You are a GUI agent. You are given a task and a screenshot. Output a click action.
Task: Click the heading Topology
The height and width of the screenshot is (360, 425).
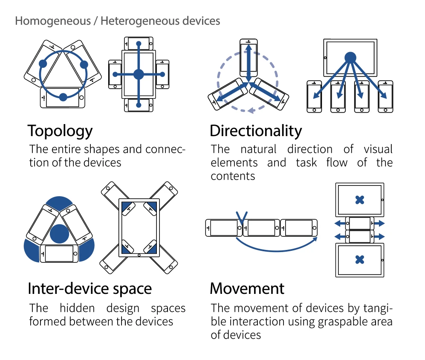tap(60, 131)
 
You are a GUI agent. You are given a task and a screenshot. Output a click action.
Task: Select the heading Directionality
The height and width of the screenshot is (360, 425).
tap(256, 131)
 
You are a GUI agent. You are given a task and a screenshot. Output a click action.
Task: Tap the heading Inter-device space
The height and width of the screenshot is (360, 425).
tap(90, 289)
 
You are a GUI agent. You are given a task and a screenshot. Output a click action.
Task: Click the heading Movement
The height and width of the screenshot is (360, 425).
tap(247, 289)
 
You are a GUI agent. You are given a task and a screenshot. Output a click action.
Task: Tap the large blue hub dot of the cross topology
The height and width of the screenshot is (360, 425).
tap(139, 74)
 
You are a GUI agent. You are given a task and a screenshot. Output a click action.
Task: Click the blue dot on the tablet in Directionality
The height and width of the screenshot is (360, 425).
tap(350, 57)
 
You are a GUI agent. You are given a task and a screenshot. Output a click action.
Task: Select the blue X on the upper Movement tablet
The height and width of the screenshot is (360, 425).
tap(360, 200)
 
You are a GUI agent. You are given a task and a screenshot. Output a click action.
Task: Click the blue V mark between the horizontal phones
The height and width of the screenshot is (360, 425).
tap(242, 218)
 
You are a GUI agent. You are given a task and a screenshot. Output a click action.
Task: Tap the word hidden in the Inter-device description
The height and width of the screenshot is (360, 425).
tap(76, 308)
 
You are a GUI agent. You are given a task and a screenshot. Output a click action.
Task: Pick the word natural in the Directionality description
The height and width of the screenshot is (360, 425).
tap(258, 149)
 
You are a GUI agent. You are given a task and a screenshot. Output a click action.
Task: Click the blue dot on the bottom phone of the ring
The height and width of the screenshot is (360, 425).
tap(63, 97)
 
